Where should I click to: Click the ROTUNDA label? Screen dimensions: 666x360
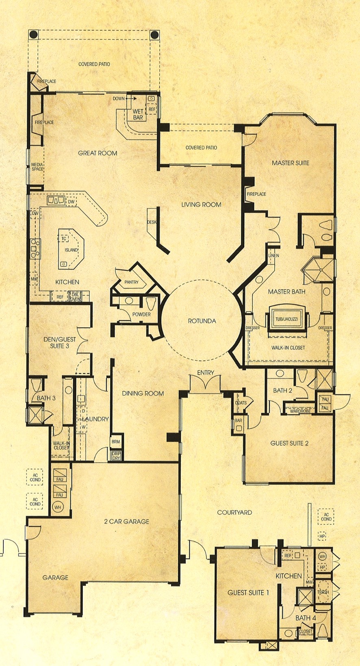202,321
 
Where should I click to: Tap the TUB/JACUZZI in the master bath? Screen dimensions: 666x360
286,319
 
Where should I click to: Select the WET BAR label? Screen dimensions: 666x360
138,114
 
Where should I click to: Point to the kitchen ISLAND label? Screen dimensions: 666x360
71,250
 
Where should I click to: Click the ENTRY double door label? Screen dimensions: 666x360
206,372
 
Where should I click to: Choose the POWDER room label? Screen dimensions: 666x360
141,314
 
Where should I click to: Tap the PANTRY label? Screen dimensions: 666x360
131,282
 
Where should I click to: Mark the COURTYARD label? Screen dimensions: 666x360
234,512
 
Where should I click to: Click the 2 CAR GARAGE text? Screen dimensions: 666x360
126,521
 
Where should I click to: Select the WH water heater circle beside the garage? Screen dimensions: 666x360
58,507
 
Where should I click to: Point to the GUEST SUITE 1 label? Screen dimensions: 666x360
248,592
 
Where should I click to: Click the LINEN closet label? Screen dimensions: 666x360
273,255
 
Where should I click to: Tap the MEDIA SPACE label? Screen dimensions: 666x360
37,167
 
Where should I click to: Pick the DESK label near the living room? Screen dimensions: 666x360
152,222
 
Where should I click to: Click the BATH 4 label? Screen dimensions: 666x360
306,618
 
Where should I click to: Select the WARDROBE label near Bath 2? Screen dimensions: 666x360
300,411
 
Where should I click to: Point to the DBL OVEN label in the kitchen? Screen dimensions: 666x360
76,297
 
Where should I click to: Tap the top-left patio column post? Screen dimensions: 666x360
33,35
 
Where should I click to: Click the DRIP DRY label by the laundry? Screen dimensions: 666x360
116,455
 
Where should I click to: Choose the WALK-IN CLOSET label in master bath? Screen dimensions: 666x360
288,348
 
